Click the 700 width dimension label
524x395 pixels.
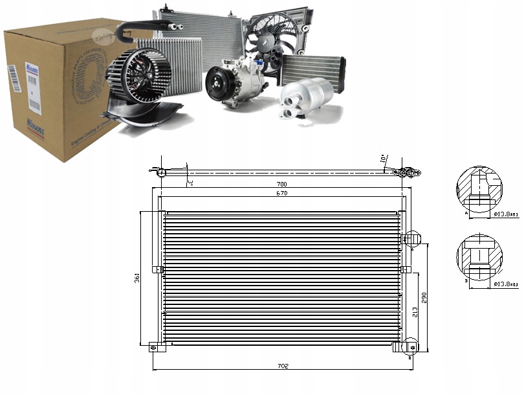point(282,184)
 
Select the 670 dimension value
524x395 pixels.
point(282,194)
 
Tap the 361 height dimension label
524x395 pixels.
point(137,278)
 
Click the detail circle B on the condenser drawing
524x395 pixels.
point(409,348)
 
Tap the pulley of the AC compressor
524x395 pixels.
point(216,84)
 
